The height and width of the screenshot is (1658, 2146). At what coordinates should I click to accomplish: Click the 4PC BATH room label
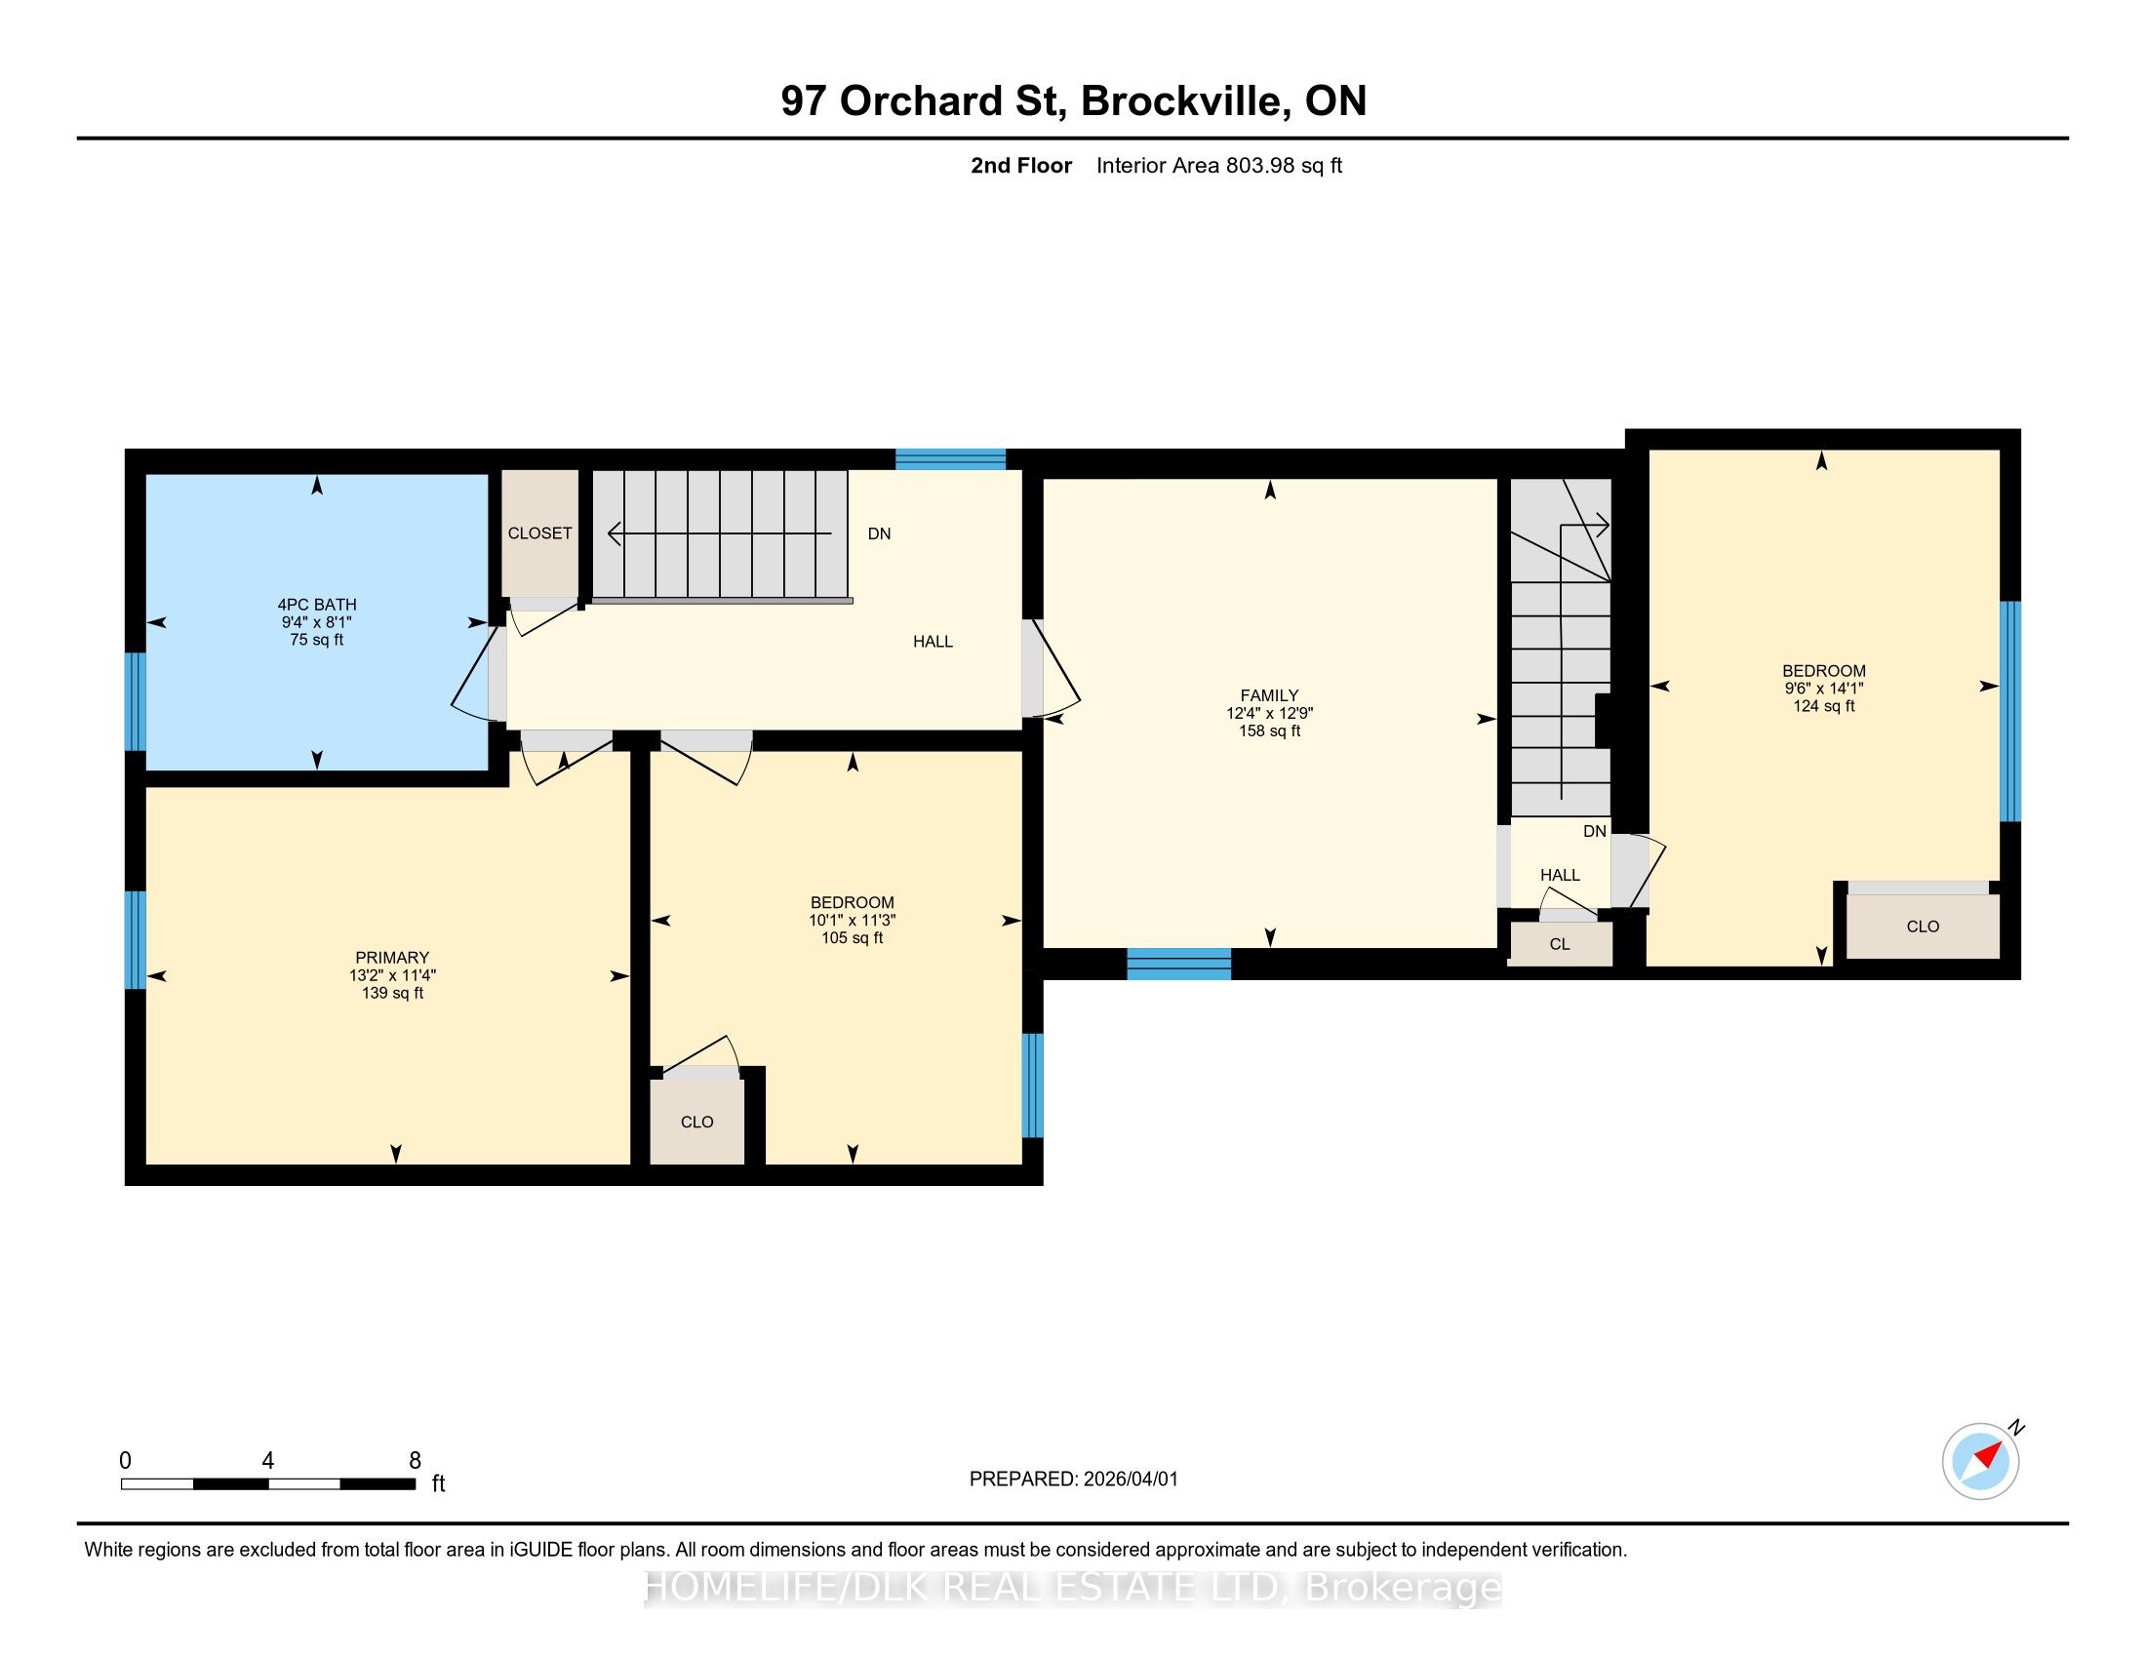[x=316, y=605]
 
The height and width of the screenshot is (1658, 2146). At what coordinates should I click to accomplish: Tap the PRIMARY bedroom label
[x=392, y=958]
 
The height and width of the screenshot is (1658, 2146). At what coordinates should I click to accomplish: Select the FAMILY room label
[x=1269, y=695]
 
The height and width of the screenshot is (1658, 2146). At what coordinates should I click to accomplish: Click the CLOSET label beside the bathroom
[x=539, y=533]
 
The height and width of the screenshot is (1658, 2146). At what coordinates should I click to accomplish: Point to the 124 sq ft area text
[x=1824, y=706]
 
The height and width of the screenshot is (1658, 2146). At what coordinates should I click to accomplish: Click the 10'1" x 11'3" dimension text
[x=852, y=921]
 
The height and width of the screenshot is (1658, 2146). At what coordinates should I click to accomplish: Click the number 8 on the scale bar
[x=415, y=1461]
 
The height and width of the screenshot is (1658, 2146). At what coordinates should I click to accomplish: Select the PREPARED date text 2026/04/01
[x=1130, y=1480]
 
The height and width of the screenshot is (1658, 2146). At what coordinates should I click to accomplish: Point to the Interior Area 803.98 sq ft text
[x=1218, y=166]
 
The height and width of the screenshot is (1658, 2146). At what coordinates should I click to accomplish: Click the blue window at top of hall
[x=950, y=459]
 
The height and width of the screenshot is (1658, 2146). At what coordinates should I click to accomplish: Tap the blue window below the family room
[x=1179, y=965]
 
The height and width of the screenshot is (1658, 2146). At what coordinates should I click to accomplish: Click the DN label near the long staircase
[x=880, y=534]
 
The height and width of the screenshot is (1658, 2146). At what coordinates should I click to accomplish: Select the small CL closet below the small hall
[x=1561, y=944]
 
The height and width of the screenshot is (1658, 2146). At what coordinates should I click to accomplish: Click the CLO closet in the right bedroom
[x=1923, y=927]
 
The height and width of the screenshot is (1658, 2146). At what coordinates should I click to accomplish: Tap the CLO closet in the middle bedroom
[x=696, y=1122]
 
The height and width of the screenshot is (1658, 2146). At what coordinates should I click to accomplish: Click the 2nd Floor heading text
[x=1021, y=166]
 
